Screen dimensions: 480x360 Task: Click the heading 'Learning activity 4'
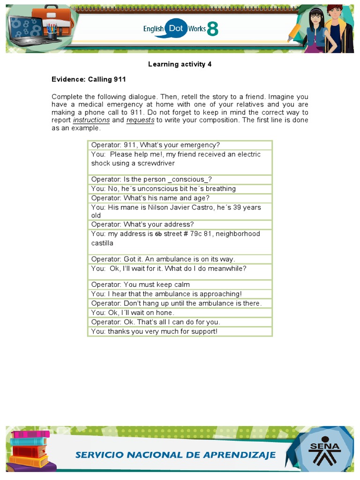180,64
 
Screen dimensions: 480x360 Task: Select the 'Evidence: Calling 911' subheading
89,79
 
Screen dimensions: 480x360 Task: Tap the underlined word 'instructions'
91,120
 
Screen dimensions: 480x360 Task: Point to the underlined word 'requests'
140,120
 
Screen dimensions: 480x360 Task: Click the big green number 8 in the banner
212,29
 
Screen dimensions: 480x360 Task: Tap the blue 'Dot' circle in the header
176,29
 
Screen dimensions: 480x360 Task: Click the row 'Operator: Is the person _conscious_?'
151,180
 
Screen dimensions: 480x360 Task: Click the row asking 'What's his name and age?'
150,198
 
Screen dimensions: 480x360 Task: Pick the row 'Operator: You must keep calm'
141,285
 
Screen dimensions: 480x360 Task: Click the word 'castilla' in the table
102,243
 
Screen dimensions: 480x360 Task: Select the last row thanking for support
154,331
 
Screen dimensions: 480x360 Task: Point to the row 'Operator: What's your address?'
142,225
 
